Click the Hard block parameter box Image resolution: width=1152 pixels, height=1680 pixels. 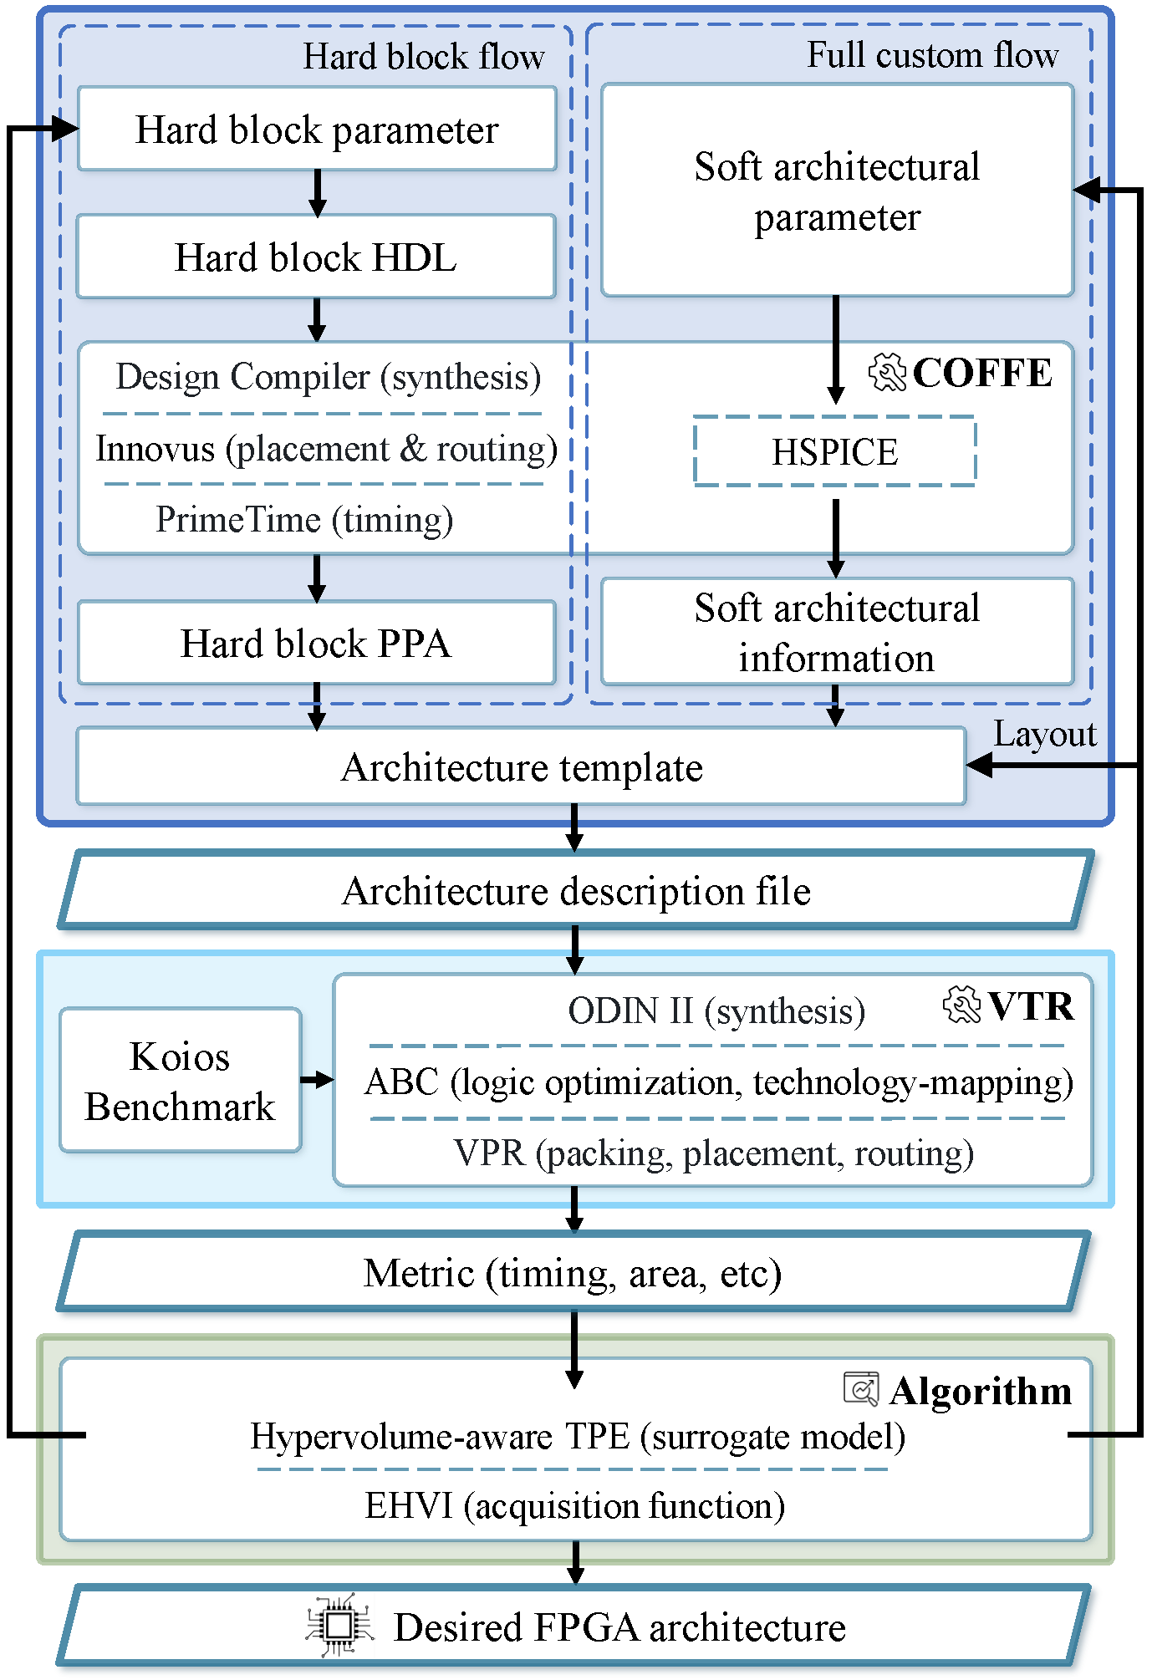coord(317,130)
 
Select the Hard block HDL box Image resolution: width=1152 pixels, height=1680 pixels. coord(316,257)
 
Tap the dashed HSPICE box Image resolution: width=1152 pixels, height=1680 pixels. coord(834,452)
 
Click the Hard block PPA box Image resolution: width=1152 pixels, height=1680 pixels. coord(316,643)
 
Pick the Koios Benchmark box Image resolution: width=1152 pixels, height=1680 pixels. coord(180,1081)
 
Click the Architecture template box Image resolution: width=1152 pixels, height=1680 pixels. coord(521,766)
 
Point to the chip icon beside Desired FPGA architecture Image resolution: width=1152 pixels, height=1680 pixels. coord(339,1626)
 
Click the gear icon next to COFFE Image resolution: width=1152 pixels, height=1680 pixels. coord(887,372)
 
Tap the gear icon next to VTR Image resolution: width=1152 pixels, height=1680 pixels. coord(961,1005)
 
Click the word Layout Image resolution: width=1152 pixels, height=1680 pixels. coord(1044,734)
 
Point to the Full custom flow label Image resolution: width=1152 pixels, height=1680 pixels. coord(932,55)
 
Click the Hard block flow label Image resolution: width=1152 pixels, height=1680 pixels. coord(423,57)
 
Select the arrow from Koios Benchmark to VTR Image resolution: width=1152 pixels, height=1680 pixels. coord(317,1080)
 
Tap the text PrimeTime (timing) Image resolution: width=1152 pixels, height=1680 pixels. coord(304,519)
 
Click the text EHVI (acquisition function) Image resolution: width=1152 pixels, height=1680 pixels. coord(574,1506)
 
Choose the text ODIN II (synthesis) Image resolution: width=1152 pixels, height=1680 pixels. coord(716,1011)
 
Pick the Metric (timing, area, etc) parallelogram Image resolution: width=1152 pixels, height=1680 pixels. coord(573,1273)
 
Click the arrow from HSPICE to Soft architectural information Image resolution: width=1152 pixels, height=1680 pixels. coord(835,537)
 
